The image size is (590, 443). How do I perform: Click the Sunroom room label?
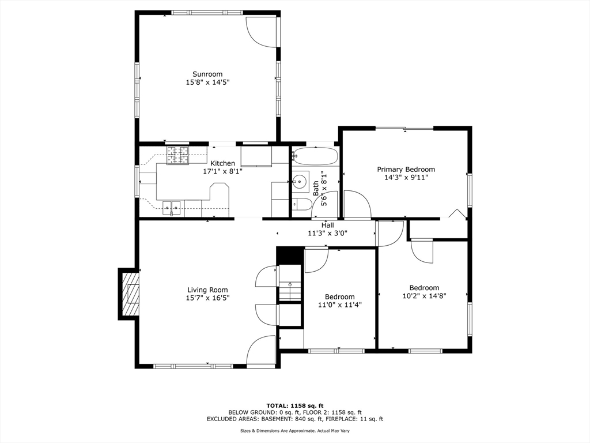[207, 74]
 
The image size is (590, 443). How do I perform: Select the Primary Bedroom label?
[406, 169]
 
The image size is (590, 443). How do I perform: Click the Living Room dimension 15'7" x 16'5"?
[207, 298]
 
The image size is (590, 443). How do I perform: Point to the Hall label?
[328, 225]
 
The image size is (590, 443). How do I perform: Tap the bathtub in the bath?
[315, 156]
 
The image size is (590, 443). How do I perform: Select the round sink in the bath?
[299, 182]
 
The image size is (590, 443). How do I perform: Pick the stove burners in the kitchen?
[178, 155]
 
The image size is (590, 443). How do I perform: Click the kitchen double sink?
[171, 207]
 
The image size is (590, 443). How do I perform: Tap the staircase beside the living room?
[291, 291]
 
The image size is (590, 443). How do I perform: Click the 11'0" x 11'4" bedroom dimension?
[339, 305]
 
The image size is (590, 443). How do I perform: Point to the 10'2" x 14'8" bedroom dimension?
[424, 296]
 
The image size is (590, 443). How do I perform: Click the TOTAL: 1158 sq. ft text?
[294, 406]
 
